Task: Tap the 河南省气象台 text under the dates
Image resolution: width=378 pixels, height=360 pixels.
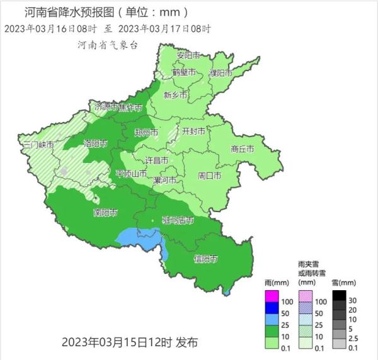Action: click(x=108, y=45)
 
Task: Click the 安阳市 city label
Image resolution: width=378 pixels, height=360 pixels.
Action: click(x=188, y=55)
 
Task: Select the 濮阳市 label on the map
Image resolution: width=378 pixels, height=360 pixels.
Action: click(x=220, y=74)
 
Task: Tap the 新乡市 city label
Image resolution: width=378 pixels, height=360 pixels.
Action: click(x=175, y=96)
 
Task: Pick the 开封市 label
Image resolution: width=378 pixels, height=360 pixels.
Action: click(x=193, y=132)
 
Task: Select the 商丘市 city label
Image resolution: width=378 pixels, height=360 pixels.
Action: click(x=242, y=149)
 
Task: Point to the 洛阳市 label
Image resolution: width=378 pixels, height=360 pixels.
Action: click(x=96, y=143)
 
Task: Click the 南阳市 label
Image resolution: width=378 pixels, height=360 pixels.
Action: click(x=105, y=212)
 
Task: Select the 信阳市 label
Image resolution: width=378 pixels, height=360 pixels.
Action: click(x=206, y=259)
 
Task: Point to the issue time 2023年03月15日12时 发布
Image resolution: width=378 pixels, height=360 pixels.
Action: click(x=130, y=343)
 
